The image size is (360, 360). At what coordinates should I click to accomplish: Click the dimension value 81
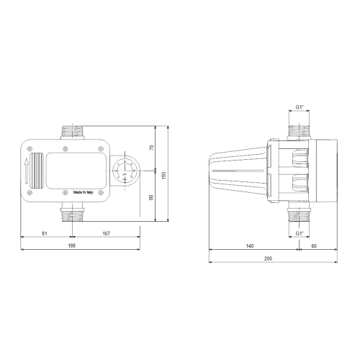(x=44, y=233)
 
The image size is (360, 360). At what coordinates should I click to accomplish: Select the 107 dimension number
(x=106, y=233)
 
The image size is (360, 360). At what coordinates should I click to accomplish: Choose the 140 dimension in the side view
(x=249, y=246)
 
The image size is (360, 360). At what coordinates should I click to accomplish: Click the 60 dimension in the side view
(x=314, y=246)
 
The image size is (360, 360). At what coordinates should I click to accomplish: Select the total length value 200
(x=269, y=258)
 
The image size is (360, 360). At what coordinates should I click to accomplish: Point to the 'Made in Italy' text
(x=87, y=193)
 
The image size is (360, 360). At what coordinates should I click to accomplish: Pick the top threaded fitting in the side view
(x=299, y=131)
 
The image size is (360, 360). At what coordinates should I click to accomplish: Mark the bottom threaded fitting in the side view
(x=299, y=213)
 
